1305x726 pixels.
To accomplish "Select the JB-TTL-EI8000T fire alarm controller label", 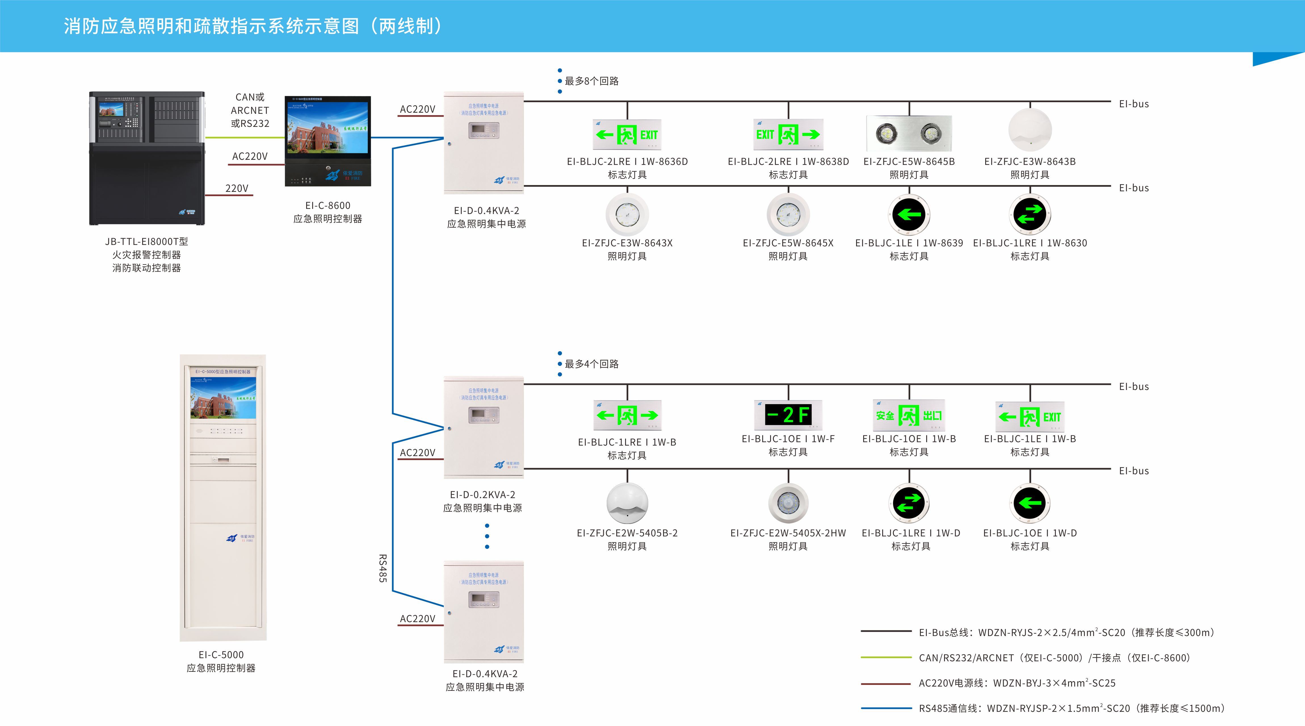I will click(146, 242).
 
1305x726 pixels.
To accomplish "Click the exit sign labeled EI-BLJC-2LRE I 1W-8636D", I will click(627, 135).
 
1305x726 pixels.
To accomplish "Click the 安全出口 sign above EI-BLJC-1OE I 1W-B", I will click(909, 416).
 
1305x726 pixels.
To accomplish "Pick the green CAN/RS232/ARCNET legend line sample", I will click(886, 658).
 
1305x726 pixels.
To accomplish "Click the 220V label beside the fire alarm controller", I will click(237, 188).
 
